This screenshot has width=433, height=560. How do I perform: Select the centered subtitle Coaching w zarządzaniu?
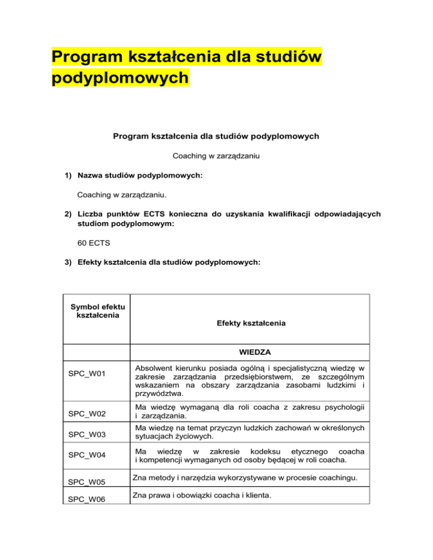point(216,155)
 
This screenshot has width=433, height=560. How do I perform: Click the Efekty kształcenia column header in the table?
point(250,324)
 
